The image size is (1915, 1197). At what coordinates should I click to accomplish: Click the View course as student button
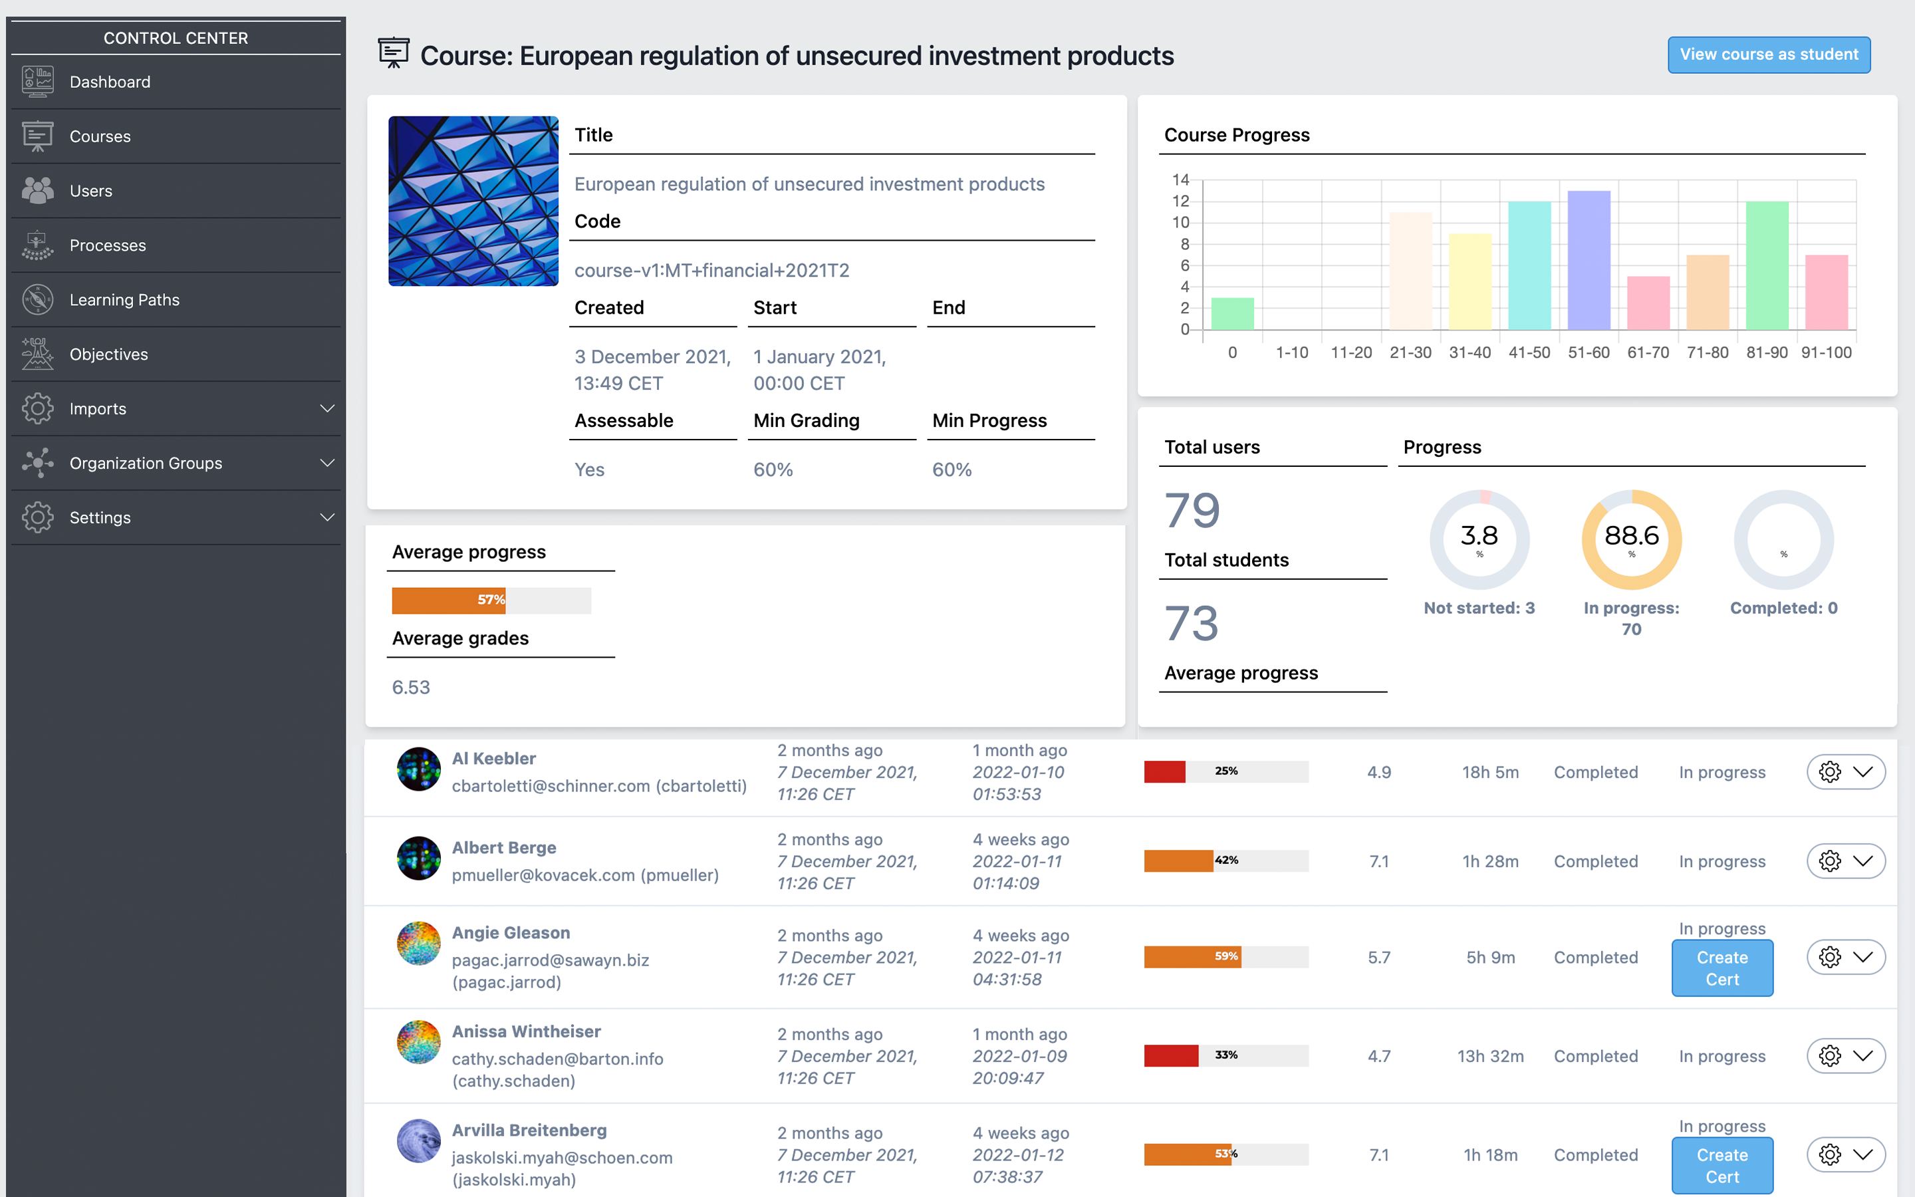point(1769,55)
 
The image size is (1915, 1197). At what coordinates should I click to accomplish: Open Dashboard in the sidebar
point(110,82)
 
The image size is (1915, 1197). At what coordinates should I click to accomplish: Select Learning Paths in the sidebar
point(124,300)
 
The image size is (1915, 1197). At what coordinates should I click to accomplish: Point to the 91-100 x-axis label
point(1827,353)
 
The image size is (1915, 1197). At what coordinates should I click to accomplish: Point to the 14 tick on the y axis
point(1181,180)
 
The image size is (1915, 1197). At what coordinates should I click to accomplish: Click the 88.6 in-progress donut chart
point(1631,539)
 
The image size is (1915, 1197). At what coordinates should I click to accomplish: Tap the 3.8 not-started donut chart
point(1479,539)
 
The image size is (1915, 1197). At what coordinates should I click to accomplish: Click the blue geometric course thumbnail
point(473,201)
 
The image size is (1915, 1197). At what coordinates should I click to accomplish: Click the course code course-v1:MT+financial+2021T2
point(711,271)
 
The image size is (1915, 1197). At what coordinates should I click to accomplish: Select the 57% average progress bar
point(491,600)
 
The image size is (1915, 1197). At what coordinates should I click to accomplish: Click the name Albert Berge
point(504,847)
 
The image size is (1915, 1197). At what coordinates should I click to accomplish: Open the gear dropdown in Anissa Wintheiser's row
point(1845,1056)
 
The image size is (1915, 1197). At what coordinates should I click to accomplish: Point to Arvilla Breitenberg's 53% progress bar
point(1225,1154)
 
